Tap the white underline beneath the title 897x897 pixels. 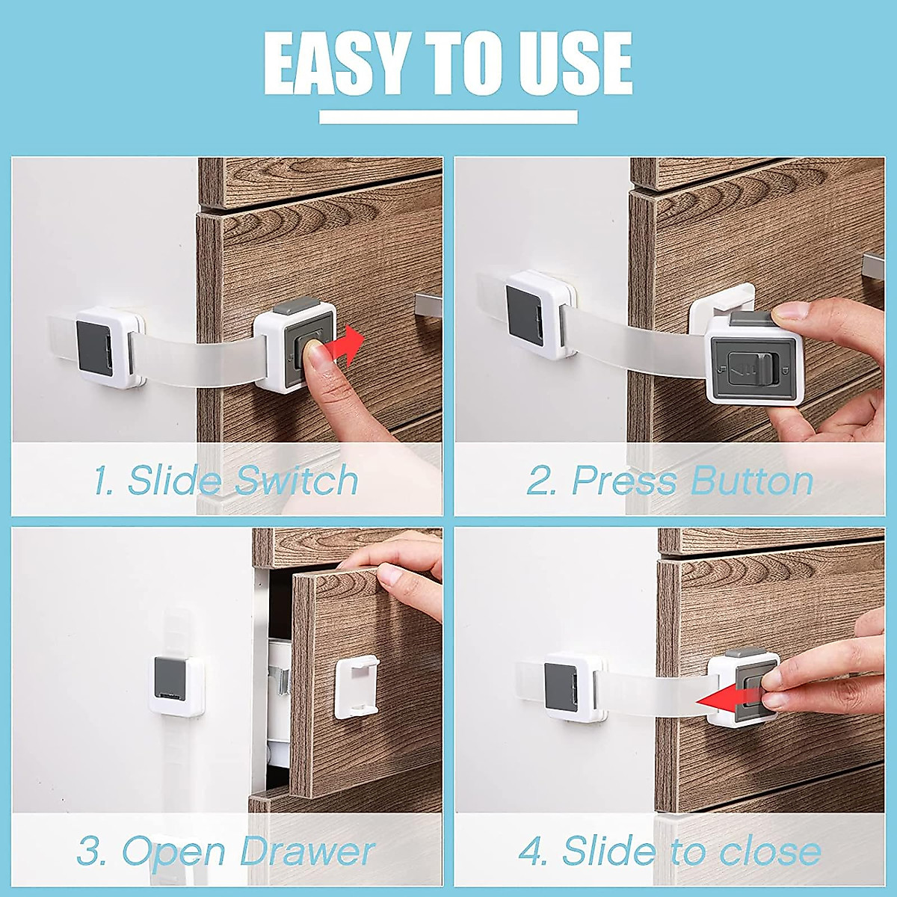(449, 117)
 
